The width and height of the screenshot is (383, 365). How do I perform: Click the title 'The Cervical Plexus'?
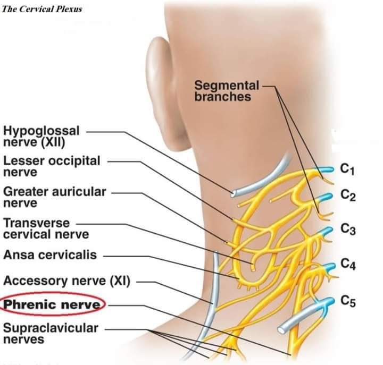[x=43, y=9]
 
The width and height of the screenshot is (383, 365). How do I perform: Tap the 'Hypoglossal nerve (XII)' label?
[x=41, y=136]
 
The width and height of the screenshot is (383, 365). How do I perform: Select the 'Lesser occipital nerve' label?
[x=52, y=166]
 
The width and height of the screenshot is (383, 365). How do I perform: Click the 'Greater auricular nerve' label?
[x=55, y=197]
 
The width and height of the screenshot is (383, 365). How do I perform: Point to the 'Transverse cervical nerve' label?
[x=46, y=228]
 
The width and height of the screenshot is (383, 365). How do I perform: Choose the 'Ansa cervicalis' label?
[x=50, y=254]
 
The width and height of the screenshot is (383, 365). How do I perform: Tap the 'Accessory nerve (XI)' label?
[x=66, y=281]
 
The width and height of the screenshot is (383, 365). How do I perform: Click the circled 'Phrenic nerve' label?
[x=53, y=305]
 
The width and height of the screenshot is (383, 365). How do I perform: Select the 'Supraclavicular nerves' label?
[x=51, y=333]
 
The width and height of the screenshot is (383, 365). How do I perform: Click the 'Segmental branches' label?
[x=227, y=91]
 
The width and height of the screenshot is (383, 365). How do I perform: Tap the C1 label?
[x=347, y=169]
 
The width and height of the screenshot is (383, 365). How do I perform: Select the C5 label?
[x=348, y=302]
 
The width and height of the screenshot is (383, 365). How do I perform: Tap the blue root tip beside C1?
[x=325, y=169]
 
